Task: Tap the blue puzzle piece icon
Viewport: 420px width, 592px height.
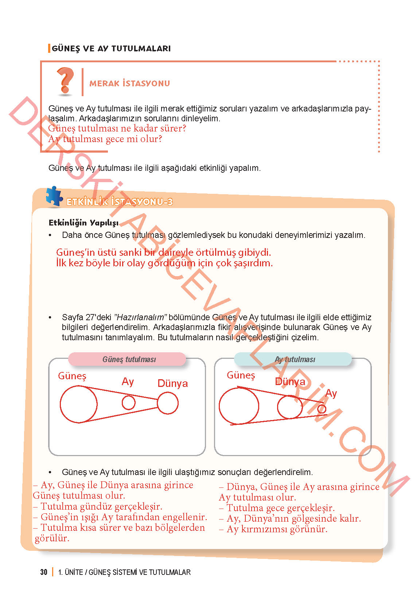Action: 54,197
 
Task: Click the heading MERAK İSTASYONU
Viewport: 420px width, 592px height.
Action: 129,83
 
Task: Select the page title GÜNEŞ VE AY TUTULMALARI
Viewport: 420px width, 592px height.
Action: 111,48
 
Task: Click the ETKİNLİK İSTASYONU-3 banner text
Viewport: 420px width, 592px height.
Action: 119,202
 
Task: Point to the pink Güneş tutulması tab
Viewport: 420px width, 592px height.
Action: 127,359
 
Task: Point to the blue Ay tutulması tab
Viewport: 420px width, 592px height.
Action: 293,359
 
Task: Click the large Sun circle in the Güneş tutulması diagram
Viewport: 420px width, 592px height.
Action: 78,404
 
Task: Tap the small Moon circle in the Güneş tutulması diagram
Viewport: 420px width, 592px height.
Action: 128,403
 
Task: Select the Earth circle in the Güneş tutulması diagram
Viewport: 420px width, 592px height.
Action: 168,403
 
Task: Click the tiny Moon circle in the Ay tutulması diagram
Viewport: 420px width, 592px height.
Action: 322,409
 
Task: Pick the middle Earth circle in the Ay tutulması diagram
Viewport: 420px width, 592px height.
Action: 289,407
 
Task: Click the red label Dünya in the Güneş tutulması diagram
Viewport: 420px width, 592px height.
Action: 172,383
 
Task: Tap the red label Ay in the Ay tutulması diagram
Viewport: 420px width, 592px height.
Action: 331,393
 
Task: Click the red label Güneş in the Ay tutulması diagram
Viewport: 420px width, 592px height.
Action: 241,375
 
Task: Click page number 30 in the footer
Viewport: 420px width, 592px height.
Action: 44,572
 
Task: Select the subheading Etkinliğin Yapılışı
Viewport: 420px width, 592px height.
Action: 83,223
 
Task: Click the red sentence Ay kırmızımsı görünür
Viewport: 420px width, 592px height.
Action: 277,529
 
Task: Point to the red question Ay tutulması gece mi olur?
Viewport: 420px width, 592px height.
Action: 105,139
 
